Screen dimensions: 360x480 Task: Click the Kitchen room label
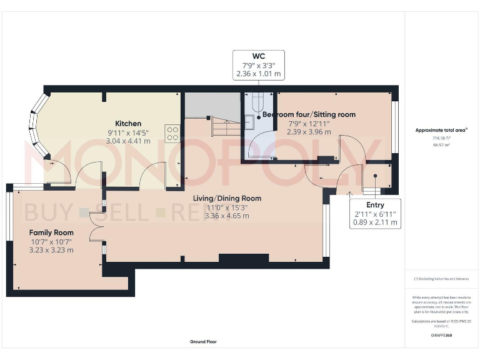128,124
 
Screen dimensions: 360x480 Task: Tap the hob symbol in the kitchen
172,132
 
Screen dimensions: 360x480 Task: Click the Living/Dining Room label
227,199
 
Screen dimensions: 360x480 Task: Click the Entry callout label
375,205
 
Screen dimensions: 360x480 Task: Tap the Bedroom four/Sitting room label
309,114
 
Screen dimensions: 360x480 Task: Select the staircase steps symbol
222,129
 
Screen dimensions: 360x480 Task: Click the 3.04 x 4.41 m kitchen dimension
128,141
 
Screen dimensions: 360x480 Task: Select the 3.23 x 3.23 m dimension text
51,250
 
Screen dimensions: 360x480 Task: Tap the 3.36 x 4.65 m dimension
227,216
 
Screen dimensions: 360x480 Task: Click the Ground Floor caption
203,342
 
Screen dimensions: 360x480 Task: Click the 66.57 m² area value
441,144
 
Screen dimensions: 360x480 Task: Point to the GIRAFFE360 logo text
441,336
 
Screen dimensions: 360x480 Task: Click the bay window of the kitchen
38,126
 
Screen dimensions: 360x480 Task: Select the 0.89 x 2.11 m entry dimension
375,222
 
